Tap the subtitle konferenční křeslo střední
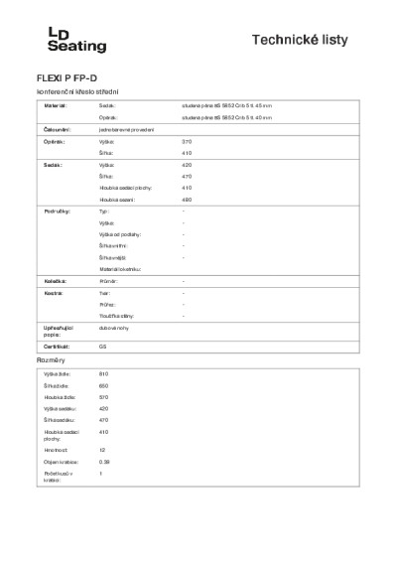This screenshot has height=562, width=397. [72, 91]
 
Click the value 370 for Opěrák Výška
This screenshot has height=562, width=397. [187, 143]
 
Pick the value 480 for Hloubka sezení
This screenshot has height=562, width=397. [187, 200]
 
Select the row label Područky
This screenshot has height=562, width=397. [57, 212]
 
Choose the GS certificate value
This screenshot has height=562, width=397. [103, 346]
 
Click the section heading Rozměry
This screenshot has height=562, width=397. [51, 359]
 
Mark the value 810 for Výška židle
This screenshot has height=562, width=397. [103, 372]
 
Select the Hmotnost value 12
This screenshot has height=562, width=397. [102, 450]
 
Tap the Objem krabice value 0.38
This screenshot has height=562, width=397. [104, 462]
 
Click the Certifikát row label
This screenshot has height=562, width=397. [56, 346]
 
